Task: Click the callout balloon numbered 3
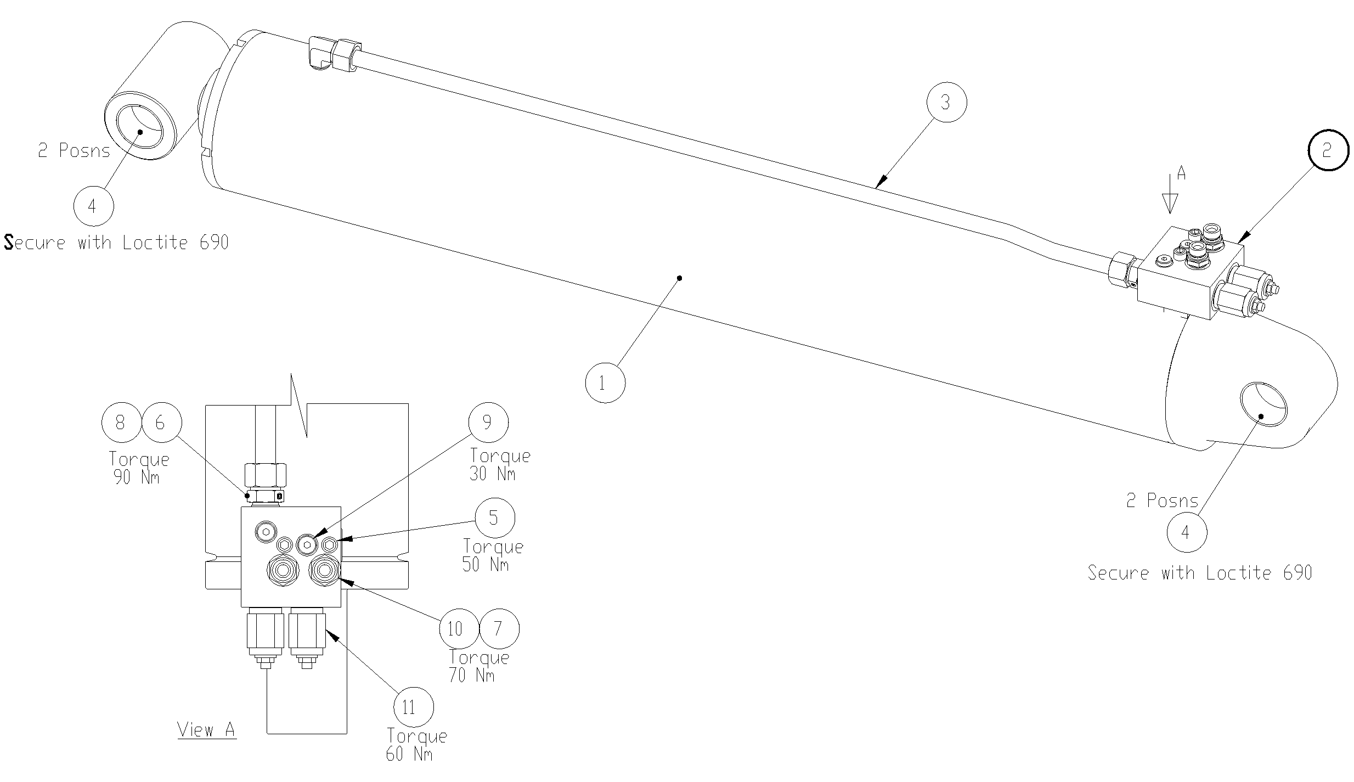coord(945,103)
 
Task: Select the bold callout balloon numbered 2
coord(1327,150)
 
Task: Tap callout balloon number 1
coord(605,382)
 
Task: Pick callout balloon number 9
coord(488,422)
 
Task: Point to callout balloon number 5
coord(495,517)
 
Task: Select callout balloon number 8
coord(121,422)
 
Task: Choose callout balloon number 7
coord(499,628)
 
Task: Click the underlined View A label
coord(206,730)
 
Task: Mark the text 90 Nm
coord(137,477)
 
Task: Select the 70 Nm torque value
coord(472,675)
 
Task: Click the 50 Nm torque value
coord(486,565)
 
